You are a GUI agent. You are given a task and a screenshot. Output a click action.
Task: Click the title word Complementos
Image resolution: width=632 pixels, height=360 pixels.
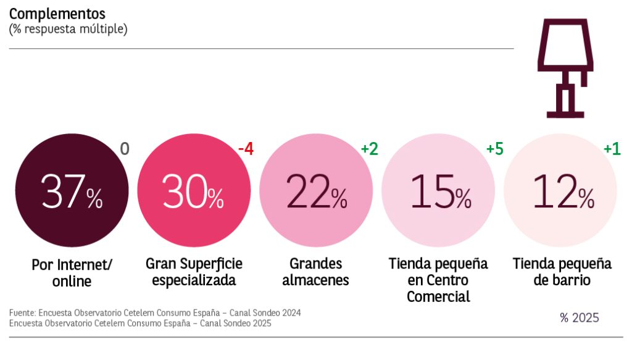[x=57, y=14]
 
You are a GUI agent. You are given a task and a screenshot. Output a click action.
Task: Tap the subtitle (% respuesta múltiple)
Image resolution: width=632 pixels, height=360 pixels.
[x=68, y=29]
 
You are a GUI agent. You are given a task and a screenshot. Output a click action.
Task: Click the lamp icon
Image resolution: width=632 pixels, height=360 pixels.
[x=567, y=67]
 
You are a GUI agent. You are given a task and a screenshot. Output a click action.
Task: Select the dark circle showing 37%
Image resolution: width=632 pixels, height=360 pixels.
[x=71, y=191]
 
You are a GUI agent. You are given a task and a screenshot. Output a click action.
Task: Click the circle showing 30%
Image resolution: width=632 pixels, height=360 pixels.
[x=193, y=191]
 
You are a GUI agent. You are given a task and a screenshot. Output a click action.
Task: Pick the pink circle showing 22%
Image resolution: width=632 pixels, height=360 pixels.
[x=315, y=191]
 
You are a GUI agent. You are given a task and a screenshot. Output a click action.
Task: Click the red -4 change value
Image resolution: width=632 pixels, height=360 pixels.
[x=246, y=149]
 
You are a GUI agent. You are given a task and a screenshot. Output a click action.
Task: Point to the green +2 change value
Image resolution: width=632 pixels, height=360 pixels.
[x=369, y=149]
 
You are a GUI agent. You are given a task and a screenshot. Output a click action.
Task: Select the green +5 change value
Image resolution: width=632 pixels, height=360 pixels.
[x=494, y=149]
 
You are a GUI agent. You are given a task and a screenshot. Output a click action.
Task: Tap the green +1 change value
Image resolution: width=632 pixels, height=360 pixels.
[x=612, y=149]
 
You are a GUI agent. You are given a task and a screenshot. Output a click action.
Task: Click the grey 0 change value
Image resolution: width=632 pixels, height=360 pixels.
[x=125, y=149]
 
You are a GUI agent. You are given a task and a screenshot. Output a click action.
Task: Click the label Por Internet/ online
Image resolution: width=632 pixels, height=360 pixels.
[x=72, y=273]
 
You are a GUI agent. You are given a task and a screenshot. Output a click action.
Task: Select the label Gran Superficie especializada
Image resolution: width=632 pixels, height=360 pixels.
[x=194, y=272]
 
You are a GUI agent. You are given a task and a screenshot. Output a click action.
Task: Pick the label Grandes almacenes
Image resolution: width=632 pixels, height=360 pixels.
[x=315, y=272]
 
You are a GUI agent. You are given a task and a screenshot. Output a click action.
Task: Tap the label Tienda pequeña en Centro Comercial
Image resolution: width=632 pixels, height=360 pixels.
[x=438, y=280]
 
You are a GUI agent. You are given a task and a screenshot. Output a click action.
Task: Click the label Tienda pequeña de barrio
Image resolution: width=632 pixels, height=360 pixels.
[x=562, y=272]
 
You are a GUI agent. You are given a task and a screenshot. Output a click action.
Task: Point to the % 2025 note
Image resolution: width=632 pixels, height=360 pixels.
[x=579, y=318]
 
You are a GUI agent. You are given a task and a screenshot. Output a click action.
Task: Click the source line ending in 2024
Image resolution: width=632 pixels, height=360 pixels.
[x=155, y=313]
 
